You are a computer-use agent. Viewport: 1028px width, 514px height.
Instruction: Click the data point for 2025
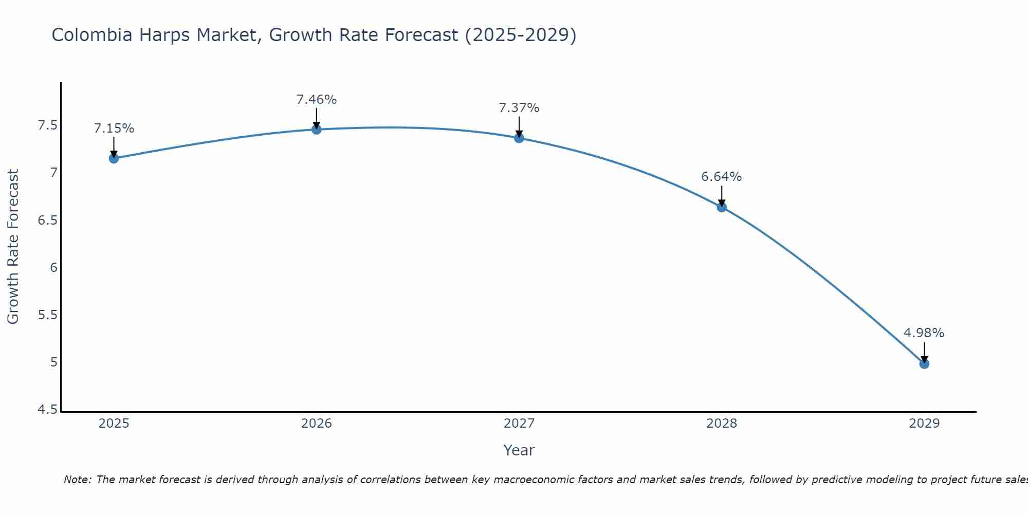click(114, 158)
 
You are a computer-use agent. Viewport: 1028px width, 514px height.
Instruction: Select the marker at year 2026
click(317, 130)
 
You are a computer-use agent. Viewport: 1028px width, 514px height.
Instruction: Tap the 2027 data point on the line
click(519, 138)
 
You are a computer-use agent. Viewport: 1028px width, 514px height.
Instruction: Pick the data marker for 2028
click(722, 207)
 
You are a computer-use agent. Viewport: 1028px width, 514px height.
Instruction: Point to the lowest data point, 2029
click(924, 364)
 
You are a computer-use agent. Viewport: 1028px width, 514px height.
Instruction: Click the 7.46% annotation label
click(317, 100)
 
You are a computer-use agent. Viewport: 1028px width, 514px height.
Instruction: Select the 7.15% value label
click(114, 128)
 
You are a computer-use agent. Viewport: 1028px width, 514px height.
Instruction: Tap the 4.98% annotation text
click(924, 333)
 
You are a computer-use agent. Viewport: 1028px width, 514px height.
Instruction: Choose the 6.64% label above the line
click(722, 177)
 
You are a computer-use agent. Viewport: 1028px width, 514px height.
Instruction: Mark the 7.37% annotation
click(519, 108)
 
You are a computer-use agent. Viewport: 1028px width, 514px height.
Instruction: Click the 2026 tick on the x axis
click(317, 424)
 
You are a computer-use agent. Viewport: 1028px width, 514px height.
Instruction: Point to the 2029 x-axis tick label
click(924, 424)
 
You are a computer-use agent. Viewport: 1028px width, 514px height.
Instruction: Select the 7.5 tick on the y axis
click(48, 125)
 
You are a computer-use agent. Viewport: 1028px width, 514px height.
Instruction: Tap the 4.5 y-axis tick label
click(48, 410)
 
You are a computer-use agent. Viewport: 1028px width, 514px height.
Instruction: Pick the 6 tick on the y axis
click(53, 268)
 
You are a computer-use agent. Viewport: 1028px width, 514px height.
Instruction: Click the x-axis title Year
click(519, 450)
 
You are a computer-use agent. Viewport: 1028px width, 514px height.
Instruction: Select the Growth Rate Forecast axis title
click(13, 247)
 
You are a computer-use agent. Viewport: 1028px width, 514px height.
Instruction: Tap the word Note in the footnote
click(77, 480)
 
